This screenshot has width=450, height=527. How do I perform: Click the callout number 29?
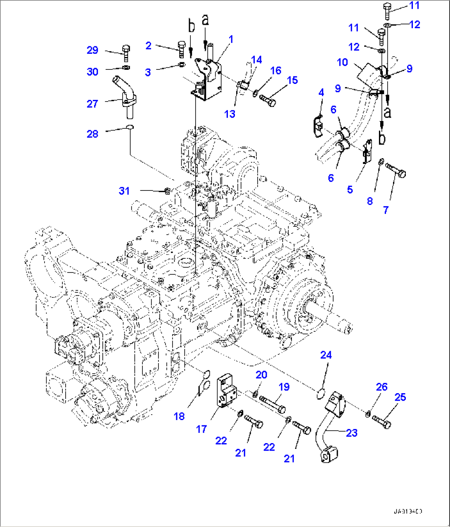point(92,50)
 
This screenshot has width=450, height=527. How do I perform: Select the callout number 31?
point(124,191)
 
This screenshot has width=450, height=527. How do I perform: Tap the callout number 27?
point(92,104)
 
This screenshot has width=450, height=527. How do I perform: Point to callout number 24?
point(326,355)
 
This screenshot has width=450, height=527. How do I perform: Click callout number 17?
point(201,429)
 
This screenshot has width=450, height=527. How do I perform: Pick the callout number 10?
point(342,62)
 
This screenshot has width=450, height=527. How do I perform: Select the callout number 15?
point(292,80)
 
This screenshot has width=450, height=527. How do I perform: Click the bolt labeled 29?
point(126,52)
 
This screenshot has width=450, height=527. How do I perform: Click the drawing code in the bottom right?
point(407,511)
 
